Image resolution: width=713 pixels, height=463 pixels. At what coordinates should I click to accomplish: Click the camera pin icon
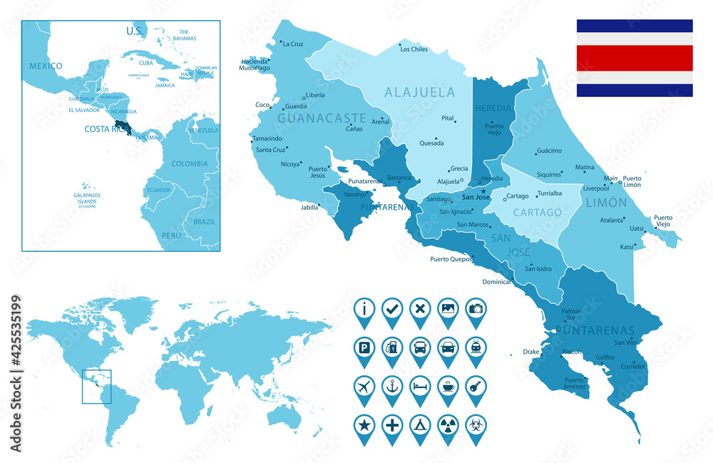(x=476, y=308)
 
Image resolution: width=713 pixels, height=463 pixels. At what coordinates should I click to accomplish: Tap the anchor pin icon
(x=392, y=386)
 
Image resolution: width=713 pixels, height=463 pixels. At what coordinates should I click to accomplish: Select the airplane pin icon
(x=364, y=386)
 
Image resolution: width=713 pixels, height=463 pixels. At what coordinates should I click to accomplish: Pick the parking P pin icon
(x=364, y=347)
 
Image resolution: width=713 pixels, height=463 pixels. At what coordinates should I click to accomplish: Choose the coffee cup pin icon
(x=448, y=386)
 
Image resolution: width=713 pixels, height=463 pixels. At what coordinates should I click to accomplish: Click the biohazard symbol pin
(x=476, y=425)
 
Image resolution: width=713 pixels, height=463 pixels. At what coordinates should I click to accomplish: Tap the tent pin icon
(x=420, y=425)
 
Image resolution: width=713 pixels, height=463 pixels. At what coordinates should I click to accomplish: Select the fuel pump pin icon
(x=392, y=347)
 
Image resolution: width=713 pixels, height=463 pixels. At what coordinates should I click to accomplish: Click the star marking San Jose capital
(x=483, y=190)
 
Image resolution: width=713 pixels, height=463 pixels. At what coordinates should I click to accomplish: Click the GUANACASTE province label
(x=322, y=118)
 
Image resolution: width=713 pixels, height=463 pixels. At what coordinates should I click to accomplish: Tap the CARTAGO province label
(x=538, y=213)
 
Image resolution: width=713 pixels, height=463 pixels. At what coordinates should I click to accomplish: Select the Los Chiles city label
(x=414, y=49)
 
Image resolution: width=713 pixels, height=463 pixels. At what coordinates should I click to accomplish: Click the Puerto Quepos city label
(x=452, y=259)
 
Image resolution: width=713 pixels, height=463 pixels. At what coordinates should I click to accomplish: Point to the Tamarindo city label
(x=267, y=138)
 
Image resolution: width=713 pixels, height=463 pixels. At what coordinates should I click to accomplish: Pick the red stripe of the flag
(x=635, y=58)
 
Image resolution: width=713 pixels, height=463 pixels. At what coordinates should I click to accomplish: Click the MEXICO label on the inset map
(x=46, y=66)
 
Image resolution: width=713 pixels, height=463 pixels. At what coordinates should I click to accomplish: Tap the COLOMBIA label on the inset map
(x=189, y=163)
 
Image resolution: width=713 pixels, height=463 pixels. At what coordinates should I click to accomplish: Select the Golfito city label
(x=605, y=357)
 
